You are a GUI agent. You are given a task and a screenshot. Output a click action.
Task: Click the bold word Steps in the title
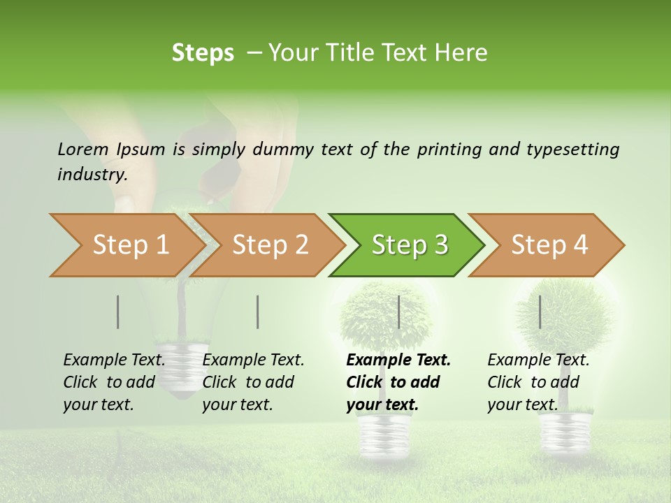click(203, 53)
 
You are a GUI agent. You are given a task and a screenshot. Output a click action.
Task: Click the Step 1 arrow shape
click(126, 245)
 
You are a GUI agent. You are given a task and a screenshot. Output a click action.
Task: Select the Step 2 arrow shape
click(269, 245)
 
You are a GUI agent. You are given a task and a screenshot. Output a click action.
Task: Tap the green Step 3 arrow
click(409, 245)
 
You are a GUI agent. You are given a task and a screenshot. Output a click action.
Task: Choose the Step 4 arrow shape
click(549, 245)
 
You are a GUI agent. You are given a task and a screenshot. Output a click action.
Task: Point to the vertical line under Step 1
click(118, 312)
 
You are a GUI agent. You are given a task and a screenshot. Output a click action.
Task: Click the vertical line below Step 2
click(258, 312)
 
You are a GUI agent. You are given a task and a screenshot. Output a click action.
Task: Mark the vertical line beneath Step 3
click(398, 312)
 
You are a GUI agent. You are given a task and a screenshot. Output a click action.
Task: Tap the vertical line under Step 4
click(540, 312)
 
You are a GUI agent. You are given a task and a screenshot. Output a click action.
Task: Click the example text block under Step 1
click(114, 382)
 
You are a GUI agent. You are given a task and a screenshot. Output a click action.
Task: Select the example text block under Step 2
click(253, 382)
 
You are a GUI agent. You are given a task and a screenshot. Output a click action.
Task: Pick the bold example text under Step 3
click(398, 382)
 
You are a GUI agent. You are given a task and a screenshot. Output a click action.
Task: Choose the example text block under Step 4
click(538, 382)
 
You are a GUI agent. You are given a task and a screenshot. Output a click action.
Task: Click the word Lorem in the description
click(82, 149)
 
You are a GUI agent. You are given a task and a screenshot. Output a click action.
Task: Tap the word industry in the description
click(92, 175)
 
